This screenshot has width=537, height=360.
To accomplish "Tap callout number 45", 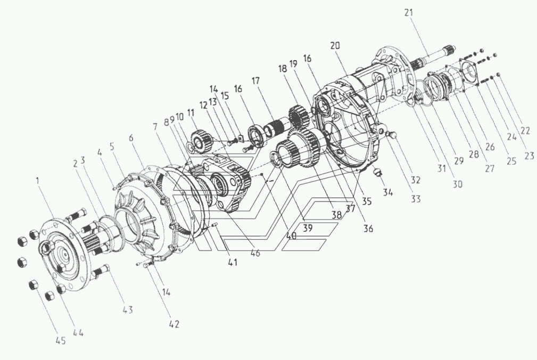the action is [x=61, y=340].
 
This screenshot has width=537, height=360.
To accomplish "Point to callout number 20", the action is [x=335, y=46].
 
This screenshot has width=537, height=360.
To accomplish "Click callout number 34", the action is [x=387, y=192].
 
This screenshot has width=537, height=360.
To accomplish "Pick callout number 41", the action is [x=233, y=263].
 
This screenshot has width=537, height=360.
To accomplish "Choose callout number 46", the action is [x=255, y=253].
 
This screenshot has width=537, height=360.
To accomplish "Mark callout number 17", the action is [x=255, y=81].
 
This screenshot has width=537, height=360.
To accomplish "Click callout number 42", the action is [x=174, y=324].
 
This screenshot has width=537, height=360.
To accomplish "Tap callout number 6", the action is [x=131, y=138].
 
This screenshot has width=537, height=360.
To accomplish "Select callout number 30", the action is [x=458, y=184].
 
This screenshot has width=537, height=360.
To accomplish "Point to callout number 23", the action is [x=529, y=156].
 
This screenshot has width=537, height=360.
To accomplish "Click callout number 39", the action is [x=308, y=228].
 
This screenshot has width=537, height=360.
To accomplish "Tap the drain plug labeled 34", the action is [x=377, y=172].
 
